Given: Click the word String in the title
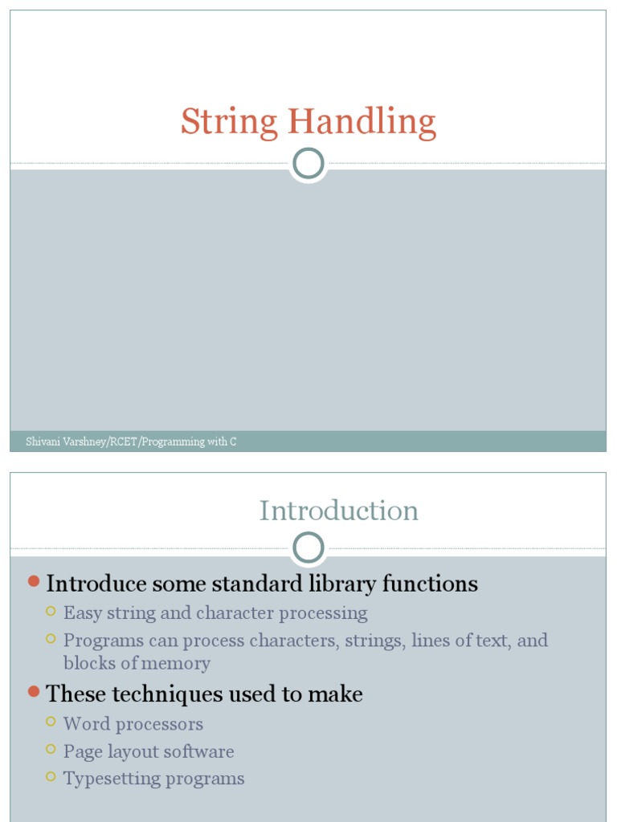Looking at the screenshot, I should (x=229, y=123).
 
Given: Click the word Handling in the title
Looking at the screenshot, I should (x=362, y=123).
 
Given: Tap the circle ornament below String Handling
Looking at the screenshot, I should (x=308, y=164).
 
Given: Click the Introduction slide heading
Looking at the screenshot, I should (x=338, y=511).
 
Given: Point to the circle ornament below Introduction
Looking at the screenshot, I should (x=308, y=549).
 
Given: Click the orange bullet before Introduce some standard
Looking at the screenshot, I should (x=33, y=580).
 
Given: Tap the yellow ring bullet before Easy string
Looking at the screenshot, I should (x=51, y=612).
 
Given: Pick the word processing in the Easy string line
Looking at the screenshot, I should (x=324, y=613).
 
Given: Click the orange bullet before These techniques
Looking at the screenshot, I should (x=33, y=690).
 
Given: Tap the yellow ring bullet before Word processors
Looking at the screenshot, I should (x=51, y=722).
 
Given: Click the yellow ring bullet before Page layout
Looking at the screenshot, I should (x=51, y=750).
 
